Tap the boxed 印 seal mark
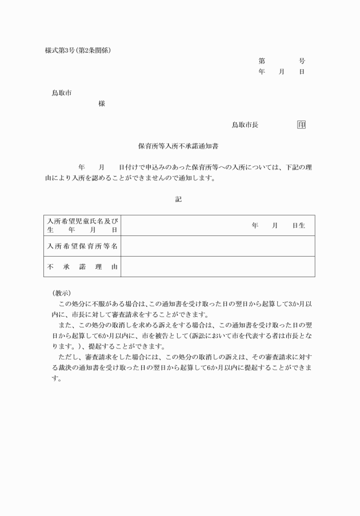pyautogui.click(x=301, y=125)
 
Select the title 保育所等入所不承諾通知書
pyautogui.click(x=178, y=146)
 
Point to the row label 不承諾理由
pyautogui.click(x=83, y=267)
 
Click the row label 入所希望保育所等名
pyautogui.click(x=83, y=246)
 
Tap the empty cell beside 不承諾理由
pyautogui.click(x=217, y=267)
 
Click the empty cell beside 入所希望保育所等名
pyautogui.click(x=217, y=246)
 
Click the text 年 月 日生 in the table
pyautogui.click(x=278, y=226)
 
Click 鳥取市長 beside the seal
pyautogui.click(x=245, y=125)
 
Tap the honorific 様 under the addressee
pyautogui.click(x=101, y=103)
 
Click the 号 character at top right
pyautogui.click(x=302, y=61)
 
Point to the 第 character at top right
pyautogui.click(x=262, y=61)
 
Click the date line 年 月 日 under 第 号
pyautogui.click(x=281, y=72)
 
